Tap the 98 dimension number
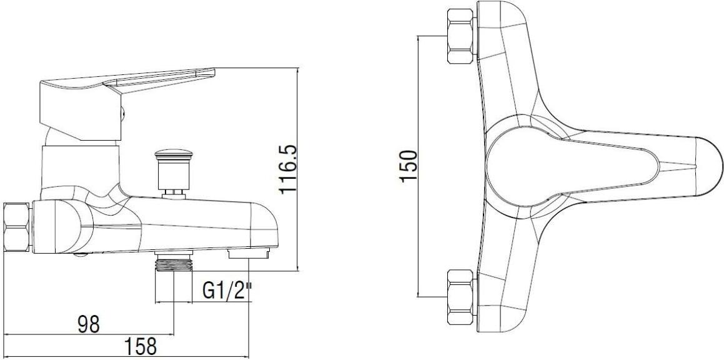pos(88,324)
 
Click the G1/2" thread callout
pos(227,291)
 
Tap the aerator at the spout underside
pos(248,254)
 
